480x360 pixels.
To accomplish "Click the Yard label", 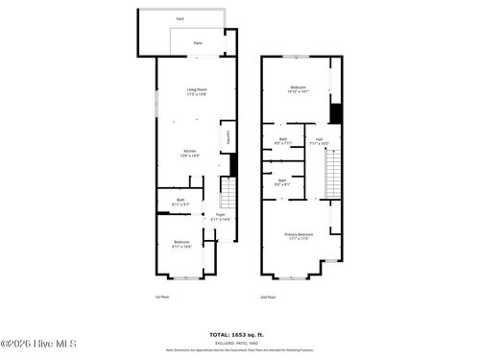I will coord(180,19).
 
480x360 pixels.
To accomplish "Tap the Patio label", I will coord(198,43).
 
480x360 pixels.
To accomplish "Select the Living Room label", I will coord(197,91).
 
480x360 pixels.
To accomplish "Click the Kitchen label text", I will coord(191,154).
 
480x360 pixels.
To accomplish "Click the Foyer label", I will coord(220,216).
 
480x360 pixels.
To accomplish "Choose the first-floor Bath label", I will coord(180,203).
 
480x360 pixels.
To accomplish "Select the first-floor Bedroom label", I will coord(181,244).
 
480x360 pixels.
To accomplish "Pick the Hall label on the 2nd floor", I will coord(319,141).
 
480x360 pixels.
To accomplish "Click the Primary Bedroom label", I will coord(298,236).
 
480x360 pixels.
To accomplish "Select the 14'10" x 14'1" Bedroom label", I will coord(298,91).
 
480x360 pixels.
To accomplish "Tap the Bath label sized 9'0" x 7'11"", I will coord(282,141).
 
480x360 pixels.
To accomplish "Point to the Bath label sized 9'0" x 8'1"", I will coord(282,182).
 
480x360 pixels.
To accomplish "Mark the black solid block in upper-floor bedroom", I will coord(335,112).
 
